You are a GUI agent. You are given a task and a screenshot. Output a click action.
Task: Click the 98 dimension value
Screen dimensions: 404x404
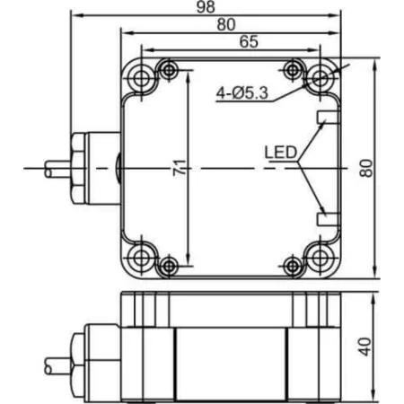(206, 6)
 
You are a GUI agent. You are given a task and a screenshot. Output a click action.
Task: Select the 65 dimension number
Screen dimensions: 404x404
(249, 41)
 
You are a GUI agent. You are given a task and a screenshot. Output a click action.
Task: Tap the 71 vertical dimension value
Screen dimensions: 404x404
(180, 168)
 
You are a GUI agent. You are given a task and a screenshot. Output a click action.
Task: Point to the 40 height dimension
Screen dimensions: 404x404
(365, 347)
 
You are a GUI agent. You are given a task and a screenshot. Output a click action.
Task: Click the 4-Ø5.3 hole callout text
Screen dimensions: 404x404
(242, 93)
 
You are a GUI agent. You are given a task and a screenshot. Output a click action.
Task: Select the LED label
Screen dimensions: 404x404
(280, 153)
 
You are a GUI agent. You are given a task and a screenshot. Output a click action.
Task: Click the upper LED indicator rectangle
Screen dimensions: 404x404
(329, 117)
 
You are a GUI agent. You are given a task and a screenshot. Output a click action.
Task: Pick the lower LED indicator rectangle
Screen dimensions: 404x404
(329, 219)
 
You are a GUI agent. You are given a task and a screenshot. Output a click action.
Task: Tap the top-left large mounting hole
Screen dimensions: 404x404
(141, 78)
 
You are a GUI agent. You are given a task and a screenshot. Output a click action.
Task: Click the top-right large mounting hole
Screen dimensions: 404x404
(321, 78)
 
